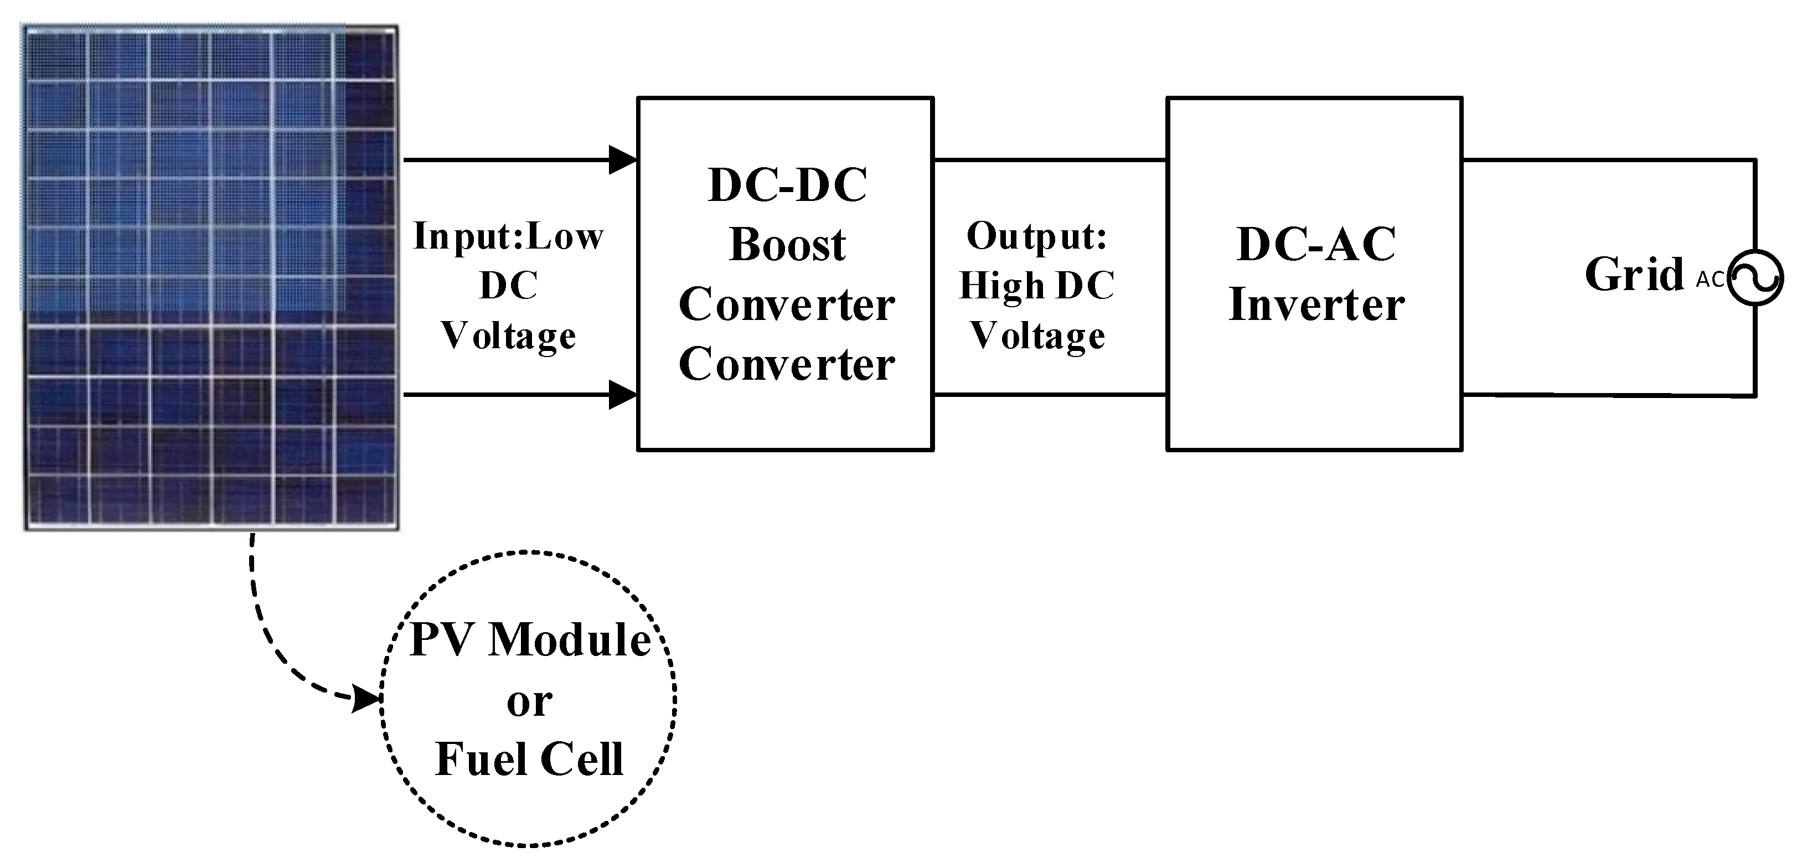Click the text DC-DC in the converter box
point(787,185)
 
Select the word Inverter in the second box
point(1316,305)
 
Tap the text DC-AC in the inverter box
point(1316,244)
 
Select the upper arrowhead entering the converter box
point(622,160)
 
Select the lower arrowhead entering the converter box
point(622,395)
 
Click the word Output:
point(1036,236)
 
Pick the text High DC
point(1036,286)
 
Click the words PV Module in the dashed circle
point(530,639)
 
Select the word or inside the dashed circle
point(529,701)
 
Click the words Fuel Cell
point(529,759)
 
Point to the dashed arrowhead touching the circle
point(366,697)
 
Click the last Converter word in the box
point(786,364)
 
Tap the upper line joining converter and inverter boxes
point(1050,160)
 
